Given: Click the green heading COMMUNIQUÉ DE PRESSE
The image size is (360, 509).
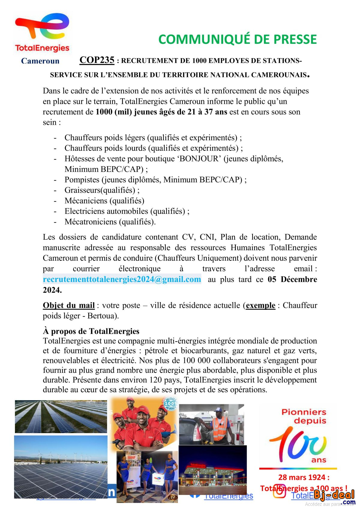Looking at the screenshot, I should click(237, 39).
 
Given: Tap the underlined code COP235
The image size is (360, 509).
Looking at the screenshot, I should click(97, 60).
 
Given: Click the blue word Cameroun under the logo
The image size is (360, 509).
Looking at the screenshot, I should click(40, 61).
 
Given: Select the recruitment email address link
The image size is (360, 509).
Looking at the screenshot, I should click(122, 279).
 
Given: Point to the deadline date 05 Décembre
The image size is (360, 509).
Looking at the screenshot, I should click(292, 279).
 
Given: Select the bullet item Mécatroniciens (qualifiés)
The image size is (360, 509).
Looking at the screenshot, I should click(110, 222).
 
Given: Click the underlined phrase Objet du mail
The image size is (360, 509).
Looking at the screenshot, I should click(69, 305).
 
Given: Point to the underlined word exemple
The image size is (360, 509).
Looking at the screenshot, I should click(260, 305).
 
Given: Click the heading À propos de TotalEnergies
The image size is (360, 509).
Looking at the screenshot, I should click(91, 331).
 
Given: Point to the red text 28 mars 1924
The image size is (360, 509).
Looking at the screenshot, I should click(303, 477).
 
